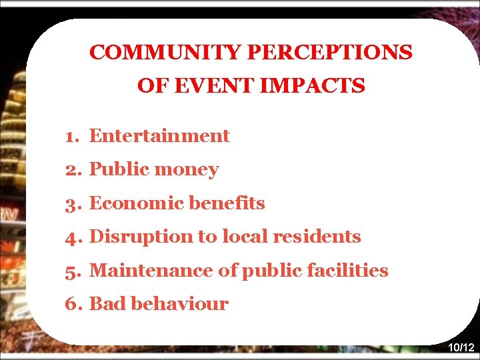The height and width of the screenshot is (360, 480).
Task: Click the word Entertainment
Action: coord(159,136)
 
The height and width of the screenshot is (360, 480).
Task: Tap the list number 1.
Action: coord(71,137)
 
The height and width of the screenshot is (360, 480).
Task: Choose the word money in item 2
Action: coord(186,170)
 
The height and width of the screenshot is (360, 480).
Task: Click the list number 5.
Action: coord(72,271)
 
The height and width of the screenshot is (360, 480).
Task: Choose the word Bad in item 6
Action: coord(107,305)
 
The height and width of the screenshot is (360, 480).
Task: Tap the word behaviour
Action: coord(180,305)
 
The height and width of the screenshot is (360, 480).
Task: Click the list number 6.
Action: coord(72,305)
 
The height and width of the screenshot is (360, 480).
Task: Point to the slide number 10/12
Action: coord(461,348)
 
